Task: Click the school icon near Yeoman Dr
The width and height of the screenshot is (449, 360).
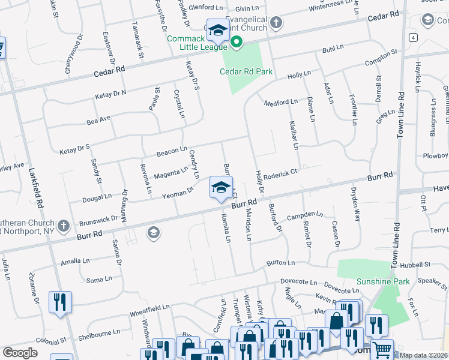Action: (x=221, y=187)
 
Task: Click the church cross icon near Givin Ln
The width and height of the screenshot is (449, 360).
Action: (x=276, y=23)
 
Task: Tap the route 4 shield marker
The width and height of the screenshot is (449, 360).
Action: (x=414, y=37)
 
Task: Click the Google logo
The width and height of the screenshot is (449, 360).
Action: (x=20, y=353)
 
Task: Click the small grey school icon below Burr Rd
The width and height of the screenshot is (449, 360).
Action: (x=153, y=232)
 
